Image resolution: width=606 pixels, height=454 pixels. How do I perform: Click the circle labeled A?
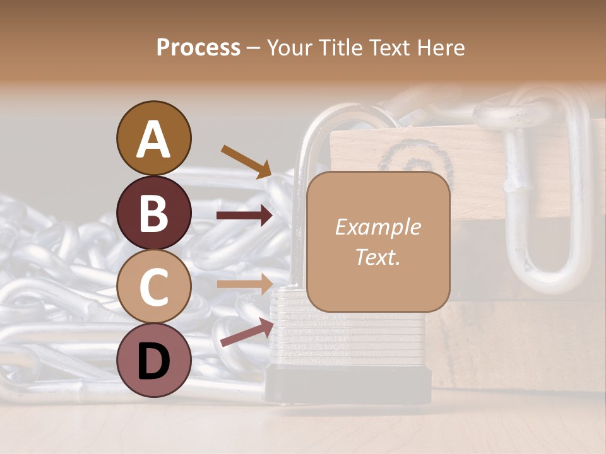coord(153,138)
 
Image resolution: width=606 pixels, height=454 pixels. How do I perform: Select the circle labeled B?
coord(153,212)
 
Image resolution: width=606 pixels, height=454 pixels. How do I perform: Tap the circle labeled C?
coord(153,286)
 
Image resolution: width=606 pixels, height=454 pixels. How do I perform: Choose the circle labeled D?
coord(153,360)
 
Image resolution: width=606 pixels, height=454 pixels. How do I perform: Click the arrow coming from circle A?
coord(246,161)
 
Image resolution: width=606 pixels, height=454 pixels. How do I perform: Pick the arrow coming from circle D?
coord(247,332)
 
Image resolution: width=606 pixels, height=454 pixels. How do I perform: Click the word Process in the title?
coord(198,47)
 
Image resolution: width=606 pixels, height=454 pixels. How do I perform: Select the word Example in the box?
coord(377,227)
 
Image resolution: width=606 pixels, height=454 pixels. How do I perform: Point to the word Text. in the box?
coord(377,257)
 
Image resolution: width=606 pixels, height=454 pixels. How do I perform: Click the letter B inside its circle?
coord(153,212)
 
